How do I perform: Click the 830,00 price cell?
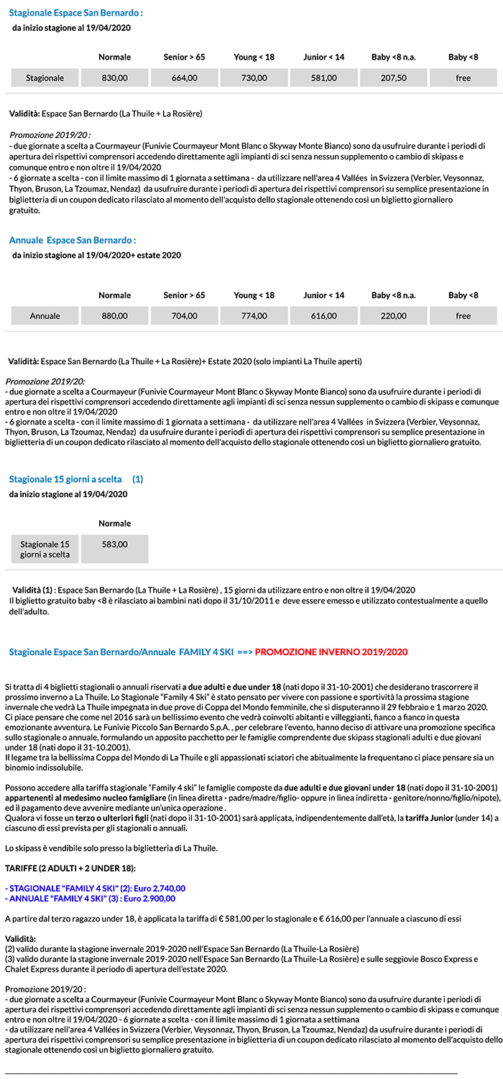pyautogui.click(x=115, y=78)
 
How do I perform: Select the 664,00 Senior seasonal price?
pyautogui.click(x=185, y=78)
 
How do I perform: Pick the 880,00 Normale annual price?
pyautogui.click(x=115, y=315)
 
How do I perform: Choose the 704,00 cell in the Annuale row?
pyautogui.click(x=185, y=315)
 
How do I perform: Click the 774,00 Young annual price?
pyautogui.click(x=254, y=315)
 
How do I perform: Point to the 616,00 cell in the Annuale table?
pyautogui.click(x=324, y=315)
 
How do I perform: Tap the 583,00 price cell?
pyautogui.click(x=115, y=545)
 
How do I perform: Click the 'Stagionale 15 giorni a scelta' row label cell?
pyautogui.click(x=45, y=549)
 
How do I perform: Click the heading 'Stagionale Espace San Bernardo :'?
pyautogui.click(x=75, y=13)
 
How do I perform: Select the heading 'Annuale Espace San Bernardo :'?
pyautogui.click(x=72, y=240)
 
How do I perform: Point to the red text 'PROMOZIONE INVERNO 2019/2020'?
pyautogui.click(x=331, y=652)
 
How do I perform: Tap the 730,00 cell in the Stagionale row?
pyautogui.click(x=254, y=78)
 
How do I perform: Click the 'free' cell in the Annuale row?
pyautogui.click(x=463, y=315)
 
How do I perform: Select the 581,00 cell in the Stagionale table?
pyautogui.click(x=324, y=78)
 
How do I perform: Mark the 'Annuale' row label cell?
pyautogui.click(x=45, y=315)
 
